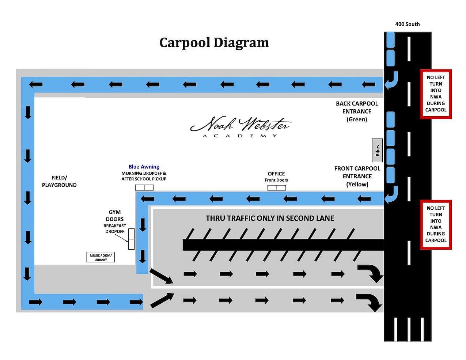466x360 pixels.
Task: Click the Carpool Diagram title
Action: [x=214, y=42]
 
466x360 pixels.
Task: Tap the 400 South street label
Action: [x=407, y=24]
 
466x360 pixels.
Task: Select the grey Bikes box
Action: [x=377, y=150]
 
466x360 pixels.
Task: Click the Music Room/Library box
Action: [x=101, y=257]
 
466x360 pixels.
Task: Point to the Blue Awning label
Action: [x=144, y=167]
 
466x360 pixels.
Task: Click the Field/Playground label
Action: [x=59, y=181]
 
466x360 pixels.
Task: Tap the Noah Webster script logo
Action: [x=240, y=124]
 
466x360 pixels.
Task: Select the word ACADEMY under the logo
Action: [x=240, y=136]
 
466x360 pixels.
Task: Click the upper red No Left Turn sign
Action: [x=436, y=94]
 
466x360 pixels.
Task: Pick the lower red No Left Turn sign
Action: [x=436, y=225]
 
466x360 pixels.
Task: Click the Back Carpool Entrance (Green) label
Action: [x=357, y=111]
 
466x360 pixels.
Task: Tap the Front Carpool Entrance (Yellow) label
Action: [x=357, y=176]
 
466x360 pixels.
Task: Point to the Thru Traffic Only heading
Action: [x=270, y=218]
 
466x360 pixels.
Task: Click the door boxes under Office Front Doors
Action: [x=277, y=187]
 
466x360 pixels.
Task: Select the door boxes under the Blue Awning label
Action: [x=144, y=187]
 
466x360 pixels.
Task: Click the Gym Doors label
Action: [x=115, y=216]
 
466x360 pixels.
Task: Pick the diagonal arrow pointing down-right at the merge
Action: [x=161, y=276]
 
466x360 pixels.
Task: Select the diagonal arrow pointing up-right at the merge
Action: [x=162, y=300]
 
